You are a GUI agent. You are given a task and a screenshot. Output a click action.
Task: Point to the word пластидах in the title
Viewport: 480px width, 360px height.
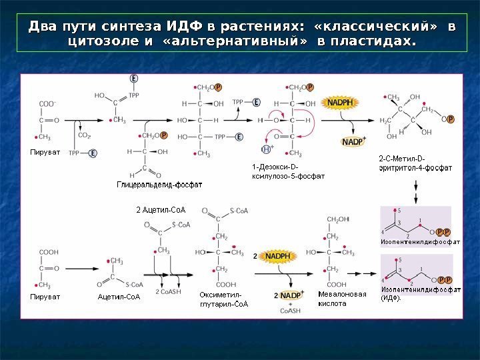coord(371,42)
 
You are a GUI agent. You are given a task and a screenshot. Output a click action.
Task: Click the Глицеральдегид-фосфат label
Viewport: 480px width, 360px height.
coord(160,183)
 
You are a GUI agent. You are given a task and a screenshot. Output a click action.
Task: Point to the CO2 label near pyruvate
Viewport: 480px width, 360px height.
coord(85,135)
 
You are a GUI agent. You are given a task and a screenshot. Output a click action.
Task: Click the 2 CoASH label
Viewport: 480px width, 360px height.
coord(167,291)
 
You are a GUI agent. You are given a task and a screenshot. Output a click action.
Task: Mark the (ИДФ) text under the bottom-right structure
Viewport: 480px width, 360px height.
coord(391,298)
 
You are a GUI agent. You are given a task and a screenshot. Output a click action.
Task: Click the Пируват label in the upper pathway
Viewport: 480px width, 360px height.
coord(45,153)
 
